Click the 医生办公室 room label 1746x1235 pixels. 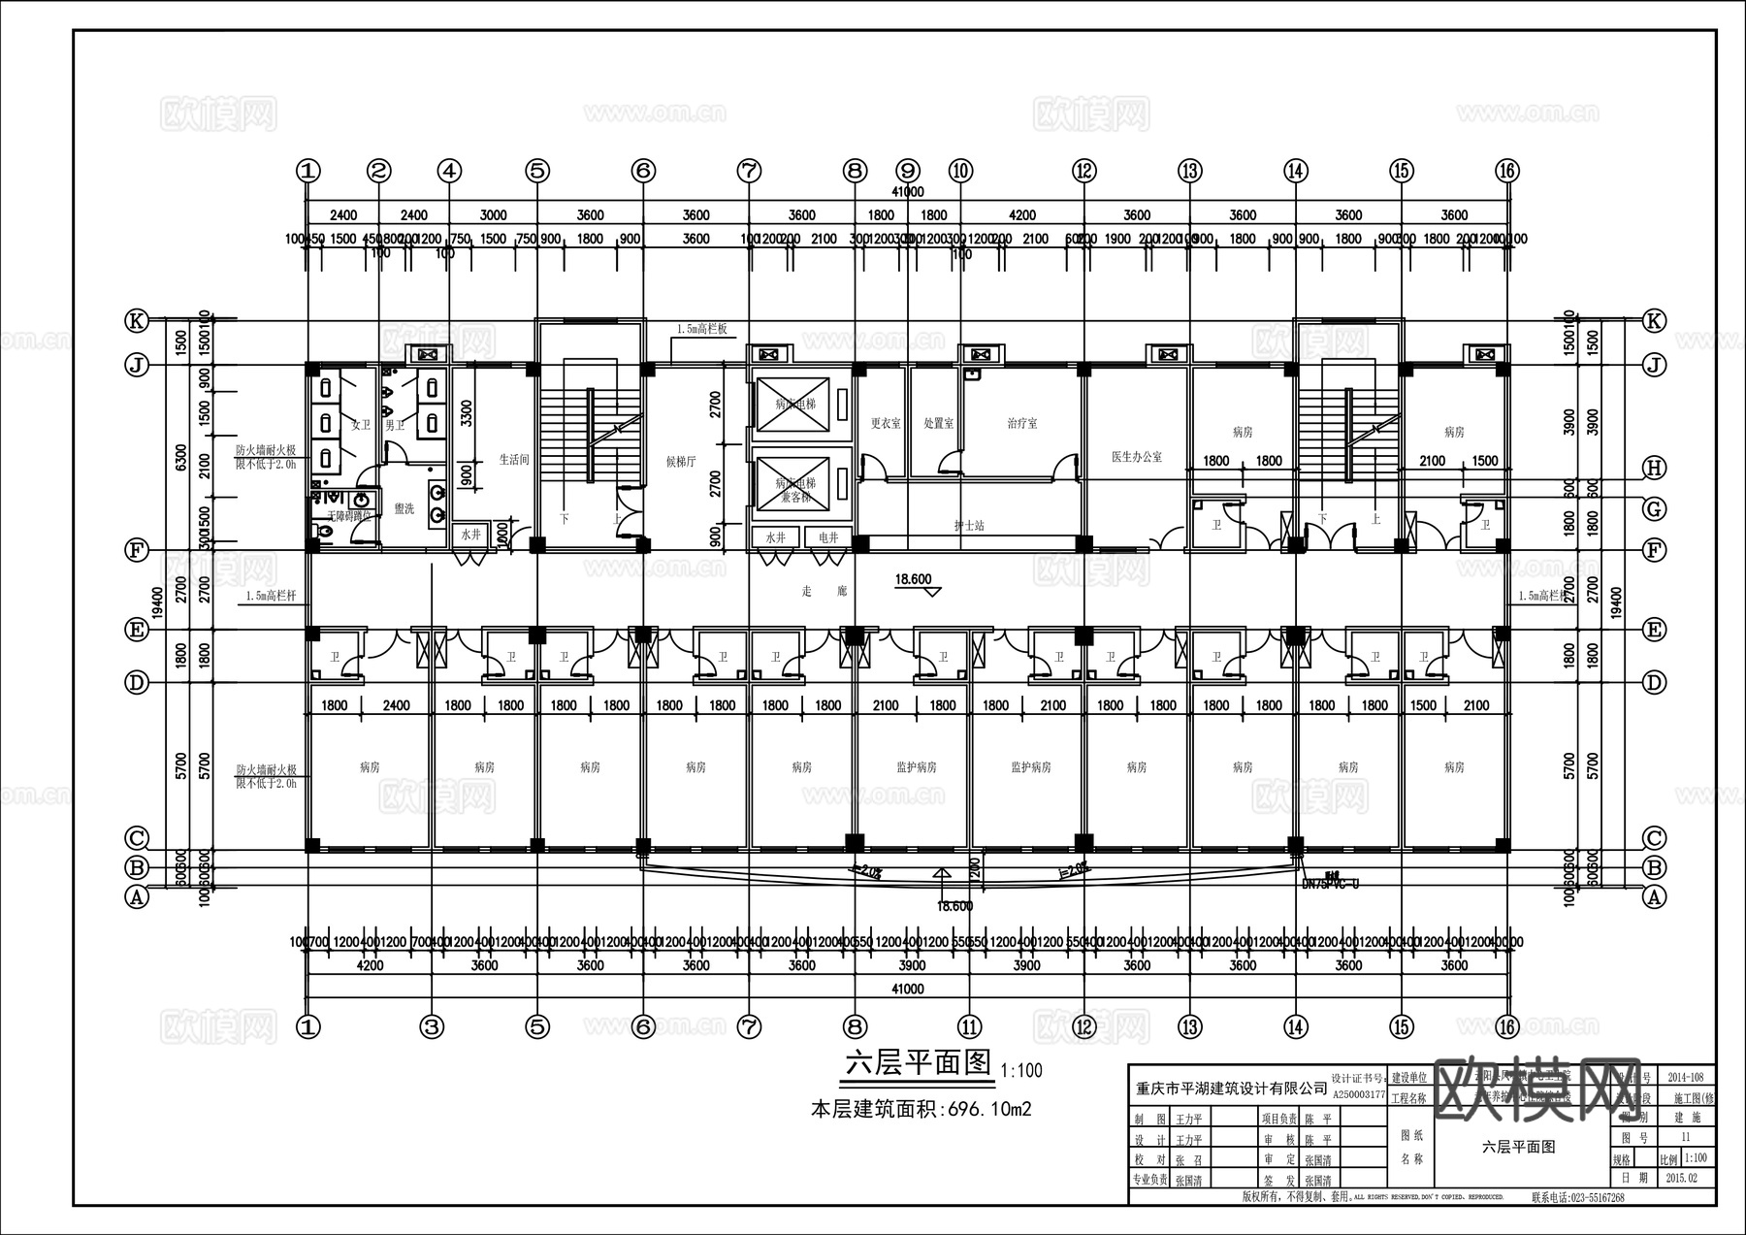[1137, 456]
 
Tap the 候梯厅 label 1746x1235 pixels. [681, 462]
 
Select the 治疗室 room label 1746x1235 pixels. [1021, 424]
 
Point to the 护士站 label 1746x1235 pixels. [968, 526]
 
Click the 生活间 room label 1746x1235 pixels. [514, 460]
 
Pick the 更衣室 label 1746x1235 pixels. [885, 424]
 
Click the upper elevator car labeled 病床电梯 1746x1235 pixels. [795, 404]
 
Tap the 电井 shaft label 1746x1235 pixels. [828, 536]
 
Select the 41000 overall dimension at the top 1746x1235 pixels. [906, 192]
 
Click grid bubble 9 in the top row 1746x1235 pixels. [907, 171]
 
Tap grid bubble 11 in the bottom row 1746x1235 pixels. [969, 1026]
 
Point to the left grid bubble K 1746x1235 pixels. [137, 320]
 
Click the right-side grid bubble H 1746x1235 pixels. [1654, 469]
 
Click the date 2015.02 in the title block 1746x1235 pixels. [1685, 1178]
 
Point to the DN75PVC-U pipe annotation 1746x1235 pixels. [1330, 884]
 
